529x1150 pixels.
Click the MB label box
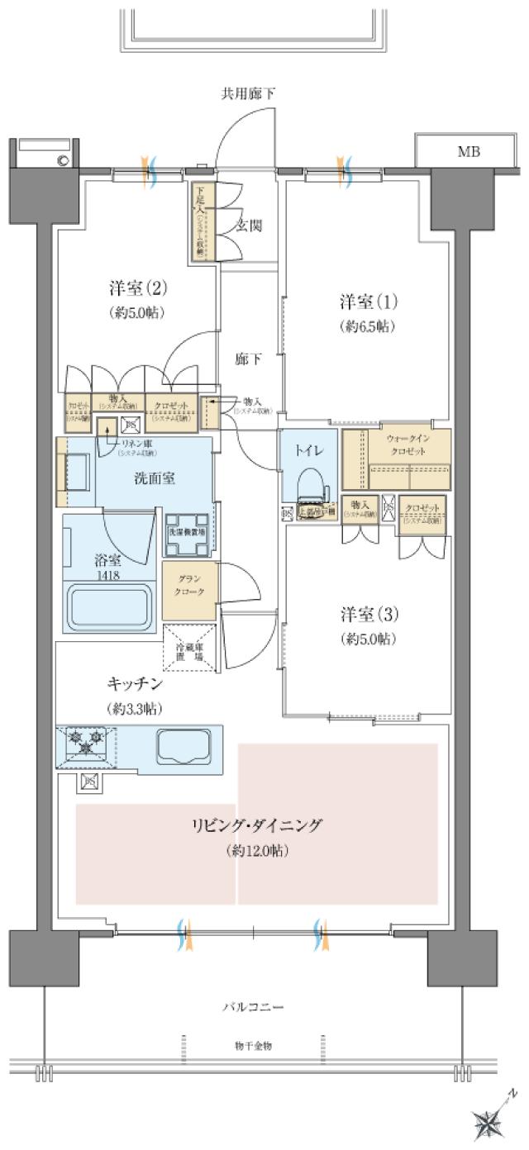coord(469,152)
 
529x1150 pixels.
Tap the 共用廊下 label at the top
coord(247,93)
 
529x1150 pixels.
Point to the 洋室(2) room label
coord(137,288)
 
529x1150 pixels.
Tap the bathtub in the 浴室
coord(110,607)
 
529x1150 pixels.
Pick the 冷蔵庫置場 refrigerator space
coord(189,651)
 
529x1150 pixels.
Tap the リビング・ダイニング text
coord(255,825)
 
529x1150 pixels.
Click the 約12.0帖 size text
coord(256,850)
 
